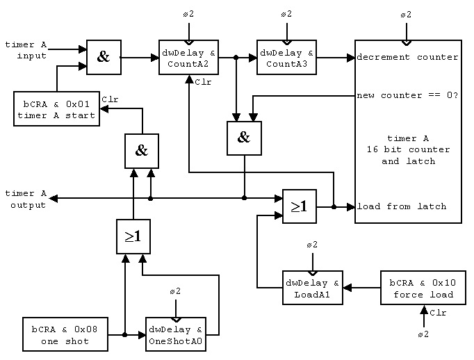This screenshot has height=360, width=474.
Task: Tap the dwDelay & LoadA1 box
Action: (x=312, y=288)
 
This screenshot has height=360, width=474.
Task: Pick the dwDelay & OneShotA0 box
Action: (x=175, y=335)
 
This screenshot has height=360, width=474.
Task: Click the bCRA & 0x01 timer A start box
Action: (x=56, y=109)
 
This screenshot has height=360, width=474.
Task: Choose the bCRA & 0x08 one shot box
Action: (x=65, y=335)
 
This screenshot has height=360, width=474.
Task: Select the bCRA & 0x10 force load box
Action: (x=422, y=288)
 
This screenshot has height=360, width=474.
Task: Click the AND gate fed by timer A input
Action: (x=104, y=57)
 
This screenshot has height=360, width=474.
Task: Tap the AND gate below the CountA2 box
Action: (x=243, y=137)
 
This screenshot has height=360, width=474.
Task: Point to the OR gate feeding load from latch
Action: (x=299, y=206)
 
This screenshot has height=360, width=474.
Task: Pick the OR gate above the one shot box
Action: (x=133, y=236)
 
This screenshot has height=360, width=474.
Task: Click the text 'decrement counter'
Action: (x=407, y=57)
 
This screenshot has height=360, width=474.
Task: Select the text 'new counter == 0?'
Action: (x=407, y=95)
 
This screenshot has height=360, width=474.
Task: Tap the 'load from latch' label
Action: (x=402, y=206)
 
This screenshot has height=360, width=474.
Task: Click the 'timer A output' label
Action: (x=26, y=199)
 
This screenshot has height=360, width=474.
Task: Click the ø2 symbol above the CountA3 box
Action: (x=286, y=15)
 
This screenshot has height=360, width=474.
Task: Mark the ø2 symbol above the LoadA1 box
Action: (x=312, y=245)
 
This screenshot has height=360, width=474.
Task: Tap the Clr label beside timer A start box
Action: (x=110, y=99)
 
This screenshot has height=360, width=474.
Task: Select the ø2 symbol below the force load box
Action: (x=422, y=335)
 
